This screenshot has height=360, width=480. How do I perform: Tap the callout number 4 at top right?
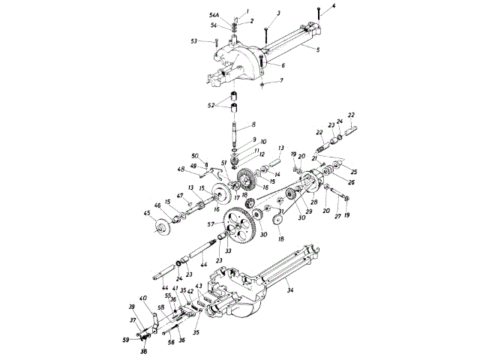[x=335, y=7]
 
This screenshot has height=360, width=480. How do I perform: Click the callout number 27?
[x=339, y=215]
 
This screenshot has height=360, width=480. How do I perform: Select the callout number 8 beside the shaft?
[x=253, y=124]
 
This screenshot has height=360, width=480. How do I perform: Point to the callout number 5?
[x=317, y=50]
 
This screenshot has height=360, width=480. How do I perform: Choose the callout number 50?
[x=194, y=155]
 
